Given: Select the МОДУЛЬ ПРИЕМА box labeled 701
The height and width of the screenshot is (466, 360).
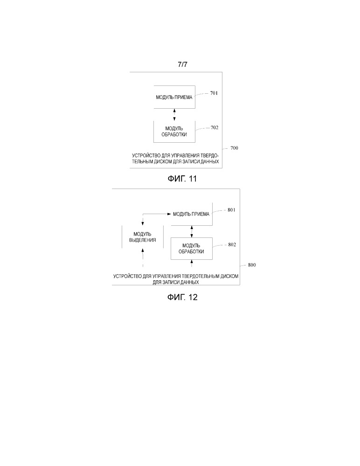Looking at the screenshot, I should tap(174, 97).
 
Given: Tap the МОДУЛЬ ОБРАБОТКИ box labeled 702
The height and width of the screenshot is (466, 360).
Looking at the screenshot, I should tap(174, 131).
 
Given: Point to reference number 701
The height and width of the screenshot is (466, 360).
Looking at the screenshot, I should tap(214, 93).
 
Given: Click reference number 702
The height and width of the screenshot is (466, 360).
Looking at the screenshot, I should tap(214, 127).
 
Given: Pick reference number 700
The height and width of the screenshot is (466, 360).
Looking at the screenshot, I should tap(234, 148).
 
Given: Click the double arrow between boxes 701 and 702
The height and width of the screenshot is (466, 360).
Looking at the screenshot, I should tap(174, 114).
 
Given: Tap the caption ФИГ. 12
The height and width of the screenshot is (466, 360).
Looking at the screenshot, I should tap(182, 297).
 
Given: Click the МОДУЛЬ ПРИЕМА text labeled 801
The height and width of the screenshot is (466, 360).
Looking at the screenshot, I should tap(191, 214).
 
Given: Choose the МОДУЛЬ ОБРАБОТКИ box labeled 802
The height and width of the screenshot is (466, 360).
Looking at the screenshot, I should tap(192, 249).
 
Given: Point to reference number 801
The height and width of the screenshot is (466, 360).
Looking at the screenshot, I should tap(232, 210).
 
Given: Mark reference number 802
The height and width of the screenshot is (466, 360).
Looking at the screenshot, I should tap(232, 244).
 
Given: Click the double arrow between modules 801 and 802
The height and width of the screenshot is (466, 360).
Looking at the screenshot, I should tap(192, 231).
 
